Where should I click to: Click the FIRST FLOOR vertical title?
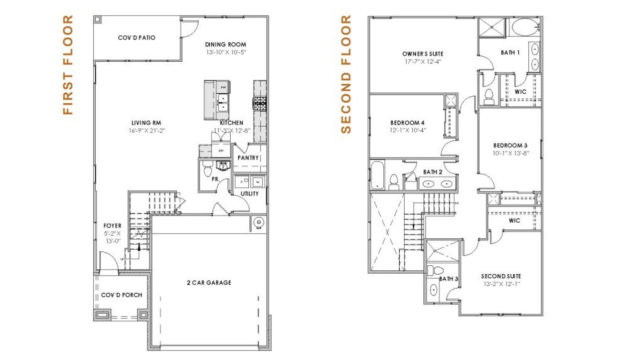68,65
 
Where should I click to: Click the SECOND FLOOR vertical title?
345,75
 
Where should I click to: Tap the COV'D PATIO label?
137,37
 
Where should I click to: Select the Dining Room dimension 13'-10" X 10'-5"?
226,52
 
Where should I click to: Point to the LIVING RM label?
146,123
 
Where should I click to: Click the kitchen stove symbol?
260,103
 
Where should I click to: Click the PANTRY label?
248,158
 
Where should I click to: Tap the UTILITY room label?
250,193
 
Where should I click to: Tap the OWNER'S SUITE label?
423,54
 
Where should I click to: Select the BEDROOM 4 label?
407,123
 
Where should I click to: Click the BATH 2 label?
433,172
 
